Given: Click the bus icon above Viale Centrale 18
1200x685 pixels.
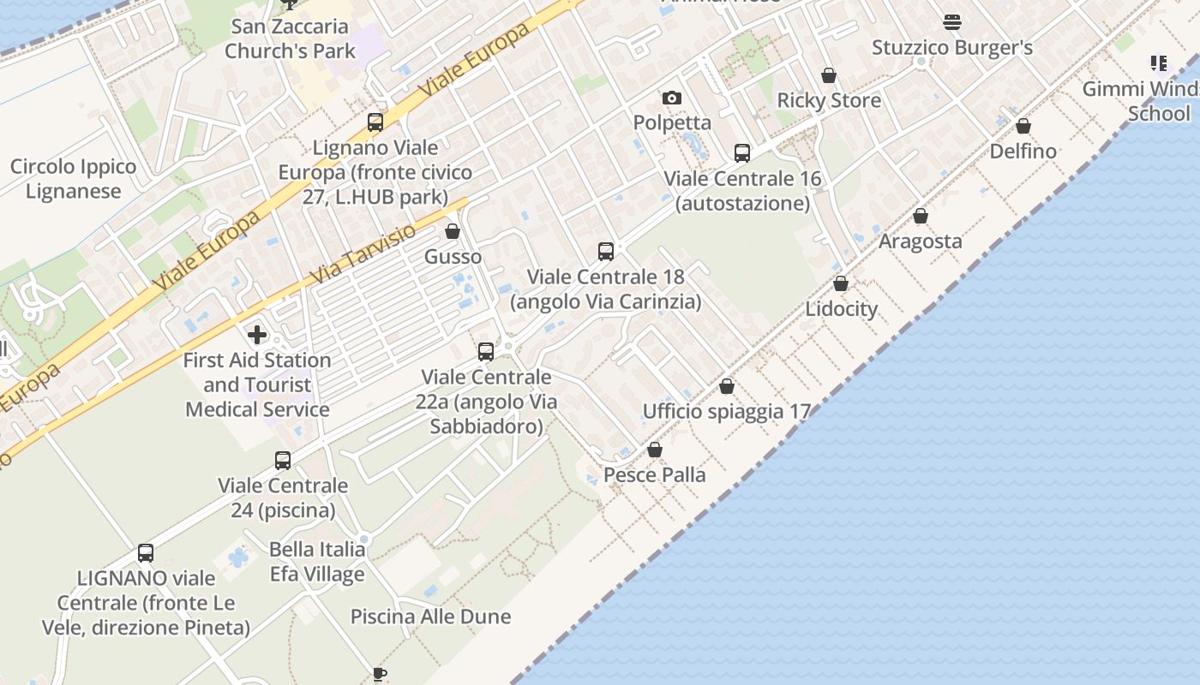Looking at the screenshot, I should click(606, 252).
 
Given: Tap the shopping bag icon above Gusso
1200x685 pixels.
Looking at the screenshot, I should click(453, 232).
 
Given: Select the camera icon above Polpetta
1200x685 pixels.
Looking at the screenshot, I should click(672, 98).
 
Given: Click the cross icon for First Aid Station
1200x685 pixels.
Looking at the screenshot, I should click(257, 335).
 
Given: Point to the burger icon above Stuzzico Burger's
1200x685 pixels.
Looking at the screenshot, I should click(952, 21).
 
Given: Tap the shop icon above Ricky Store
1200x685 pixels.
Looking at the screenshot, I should click(829, 76).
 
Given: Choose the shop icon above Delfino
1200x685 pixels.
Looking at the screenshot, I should click(1023, 127).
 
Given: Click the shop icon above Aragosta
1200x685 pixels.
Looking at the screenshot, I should click(921, 217).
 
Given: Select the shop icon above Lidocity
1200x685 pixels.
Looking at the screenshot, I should click(841, 283).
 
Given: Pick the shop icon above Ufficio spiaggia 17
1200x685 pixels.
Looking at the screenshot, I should click(727, 387).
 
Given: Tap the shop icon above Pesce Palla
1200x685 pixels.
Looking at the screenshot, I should click(655, 450).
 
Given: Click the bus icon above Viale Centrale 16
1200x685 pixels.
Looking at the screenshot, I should click(742, 153).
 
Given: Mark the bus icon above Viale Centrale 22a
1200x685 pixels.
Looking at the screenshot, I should click(486, 352).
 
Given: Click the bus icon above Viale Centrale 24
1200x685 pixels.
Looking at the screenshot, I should click(283, 461).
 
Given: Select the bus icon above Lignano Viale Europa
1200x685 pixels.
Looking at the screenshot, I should click(375, 122).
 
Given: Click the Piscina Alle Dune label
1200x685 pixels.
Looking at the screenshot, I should click(430, 616).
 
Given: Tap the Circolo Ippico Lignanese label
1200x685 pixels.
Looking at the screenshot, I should click(73, 179).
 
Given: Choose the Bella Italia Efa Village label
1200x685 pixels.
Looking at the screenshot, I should click(317, 562).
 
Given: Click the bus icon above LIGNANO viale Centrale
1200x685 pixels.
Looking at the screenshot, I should click(146, 553).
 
